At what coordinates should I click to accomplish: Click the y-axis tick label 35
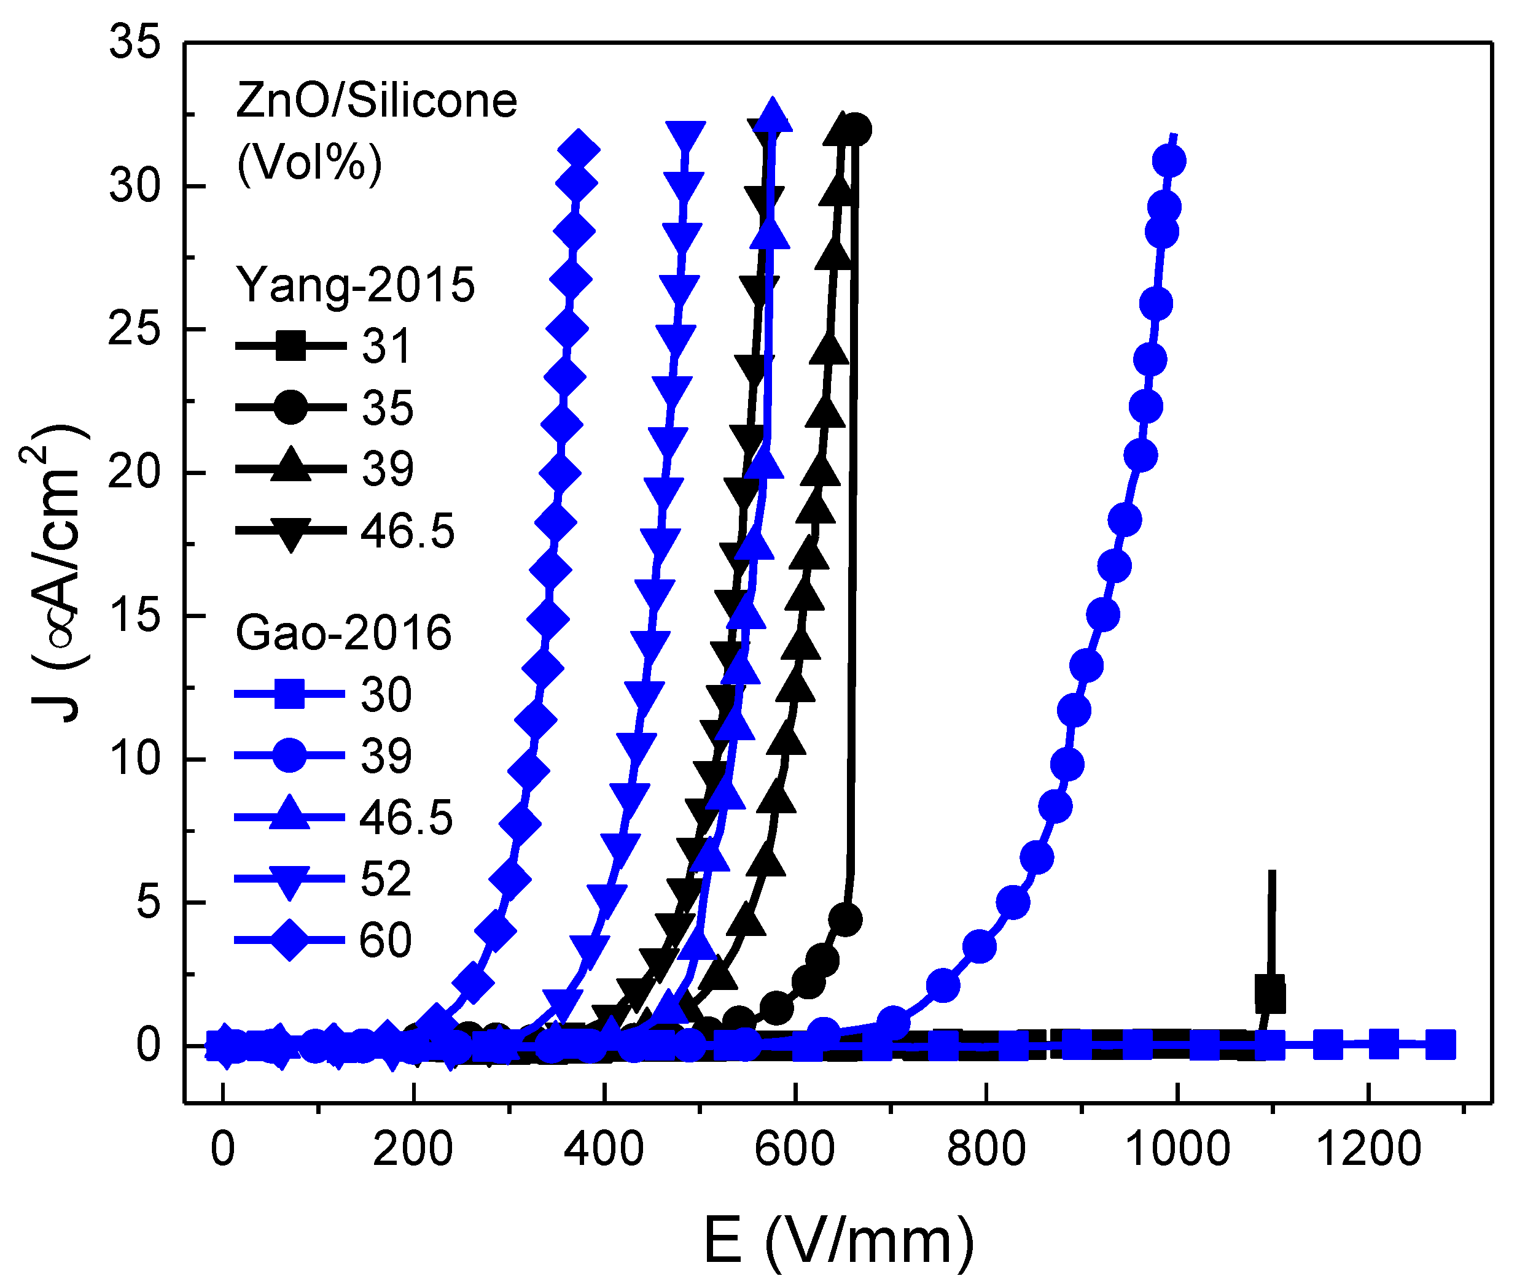[x=134, y=42]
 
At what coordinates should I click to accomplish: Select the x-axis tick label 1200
[x=1368, y=1150]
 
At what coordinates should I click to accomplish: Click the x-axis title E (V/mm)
[x=838, y=1241]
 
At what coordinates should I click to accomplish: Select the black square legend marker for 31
[x=290, y=345]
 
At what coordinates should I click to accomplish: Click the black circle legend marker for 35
[x=290, y=407]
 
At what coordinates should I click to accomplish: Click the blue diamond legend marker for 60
[x=289, y=940]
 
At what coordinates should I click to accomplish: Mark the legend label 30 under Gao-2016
[x=386, y=694]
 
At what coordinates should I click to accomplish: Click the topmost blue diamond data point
[x=579, y=150]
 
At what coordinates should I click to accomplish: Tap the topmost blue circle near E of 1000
[x=1169, y=161]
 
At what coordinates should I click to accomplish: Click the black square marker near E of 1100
[x=1270, y=994]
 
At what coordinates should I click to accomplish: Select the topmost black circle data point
[x=855, y=130]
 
